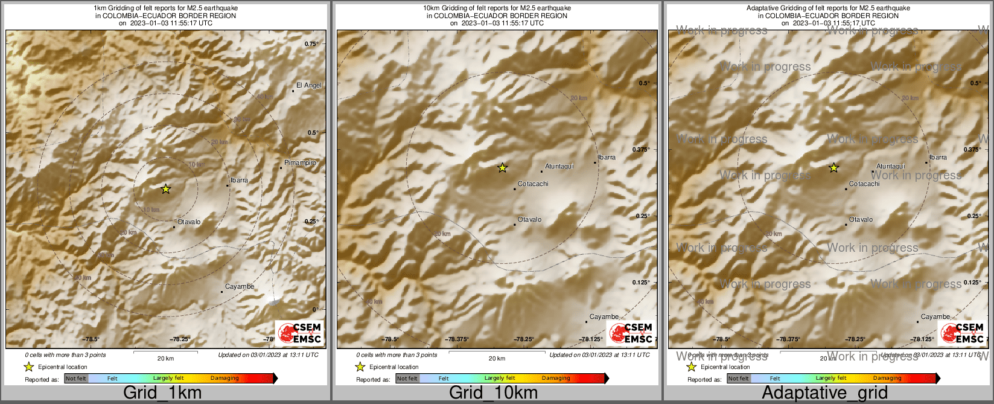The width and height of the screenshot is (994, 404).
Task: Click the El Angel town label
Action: pos(309,86)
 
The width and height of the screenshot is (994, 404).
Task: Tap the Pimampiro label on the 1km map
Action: pos(300,163)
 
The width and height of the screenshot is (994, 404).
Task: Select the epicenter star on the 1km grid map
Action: pos(166,189)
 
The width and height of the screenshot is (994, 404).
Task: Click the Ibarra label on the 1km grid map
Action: pos(239,181)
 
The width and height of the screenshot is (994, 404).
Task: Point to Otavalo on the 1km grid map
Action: pos(189,222)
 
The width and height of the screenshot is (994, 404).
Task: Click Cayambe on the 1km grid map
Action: pos(240,287)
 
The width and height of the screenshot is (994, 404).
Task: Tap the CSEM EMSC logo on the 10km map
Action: pos(631,333)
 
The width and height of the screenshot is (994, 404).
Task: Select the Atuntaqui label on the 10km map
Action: pos(559,166)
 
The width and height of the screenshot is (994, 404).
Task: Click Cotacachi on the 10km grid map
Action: pos(533,184)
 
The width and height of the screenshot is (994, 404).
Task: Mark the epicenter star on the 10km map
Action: pos(502,168)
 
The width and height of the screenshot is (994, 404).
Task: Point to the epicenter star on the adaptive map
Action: pos(833,168)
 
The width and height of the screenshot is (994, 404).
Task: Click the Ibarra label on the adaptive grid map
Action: pos(938,158)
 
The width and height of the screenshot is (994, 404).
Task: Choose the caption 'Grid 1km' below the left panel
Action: pos(162,393)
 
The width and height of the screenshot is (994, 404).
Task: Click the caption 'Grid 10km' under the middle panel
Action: pos(493,393)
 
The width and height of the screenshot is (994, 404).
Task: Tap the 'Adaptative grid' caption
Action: pos(824,393)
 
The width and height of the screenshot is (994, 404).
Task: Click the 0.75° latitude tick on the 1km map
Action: pos(311,44)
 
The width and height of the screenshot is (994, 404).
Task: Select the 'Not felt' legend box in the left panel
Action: pos(76,379)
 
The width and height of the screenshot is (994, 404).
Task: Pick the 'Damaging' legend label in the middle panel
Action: pos(556,379)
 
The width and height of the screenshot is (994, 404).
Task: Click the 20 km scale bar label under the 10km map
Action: pos(497,359)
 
